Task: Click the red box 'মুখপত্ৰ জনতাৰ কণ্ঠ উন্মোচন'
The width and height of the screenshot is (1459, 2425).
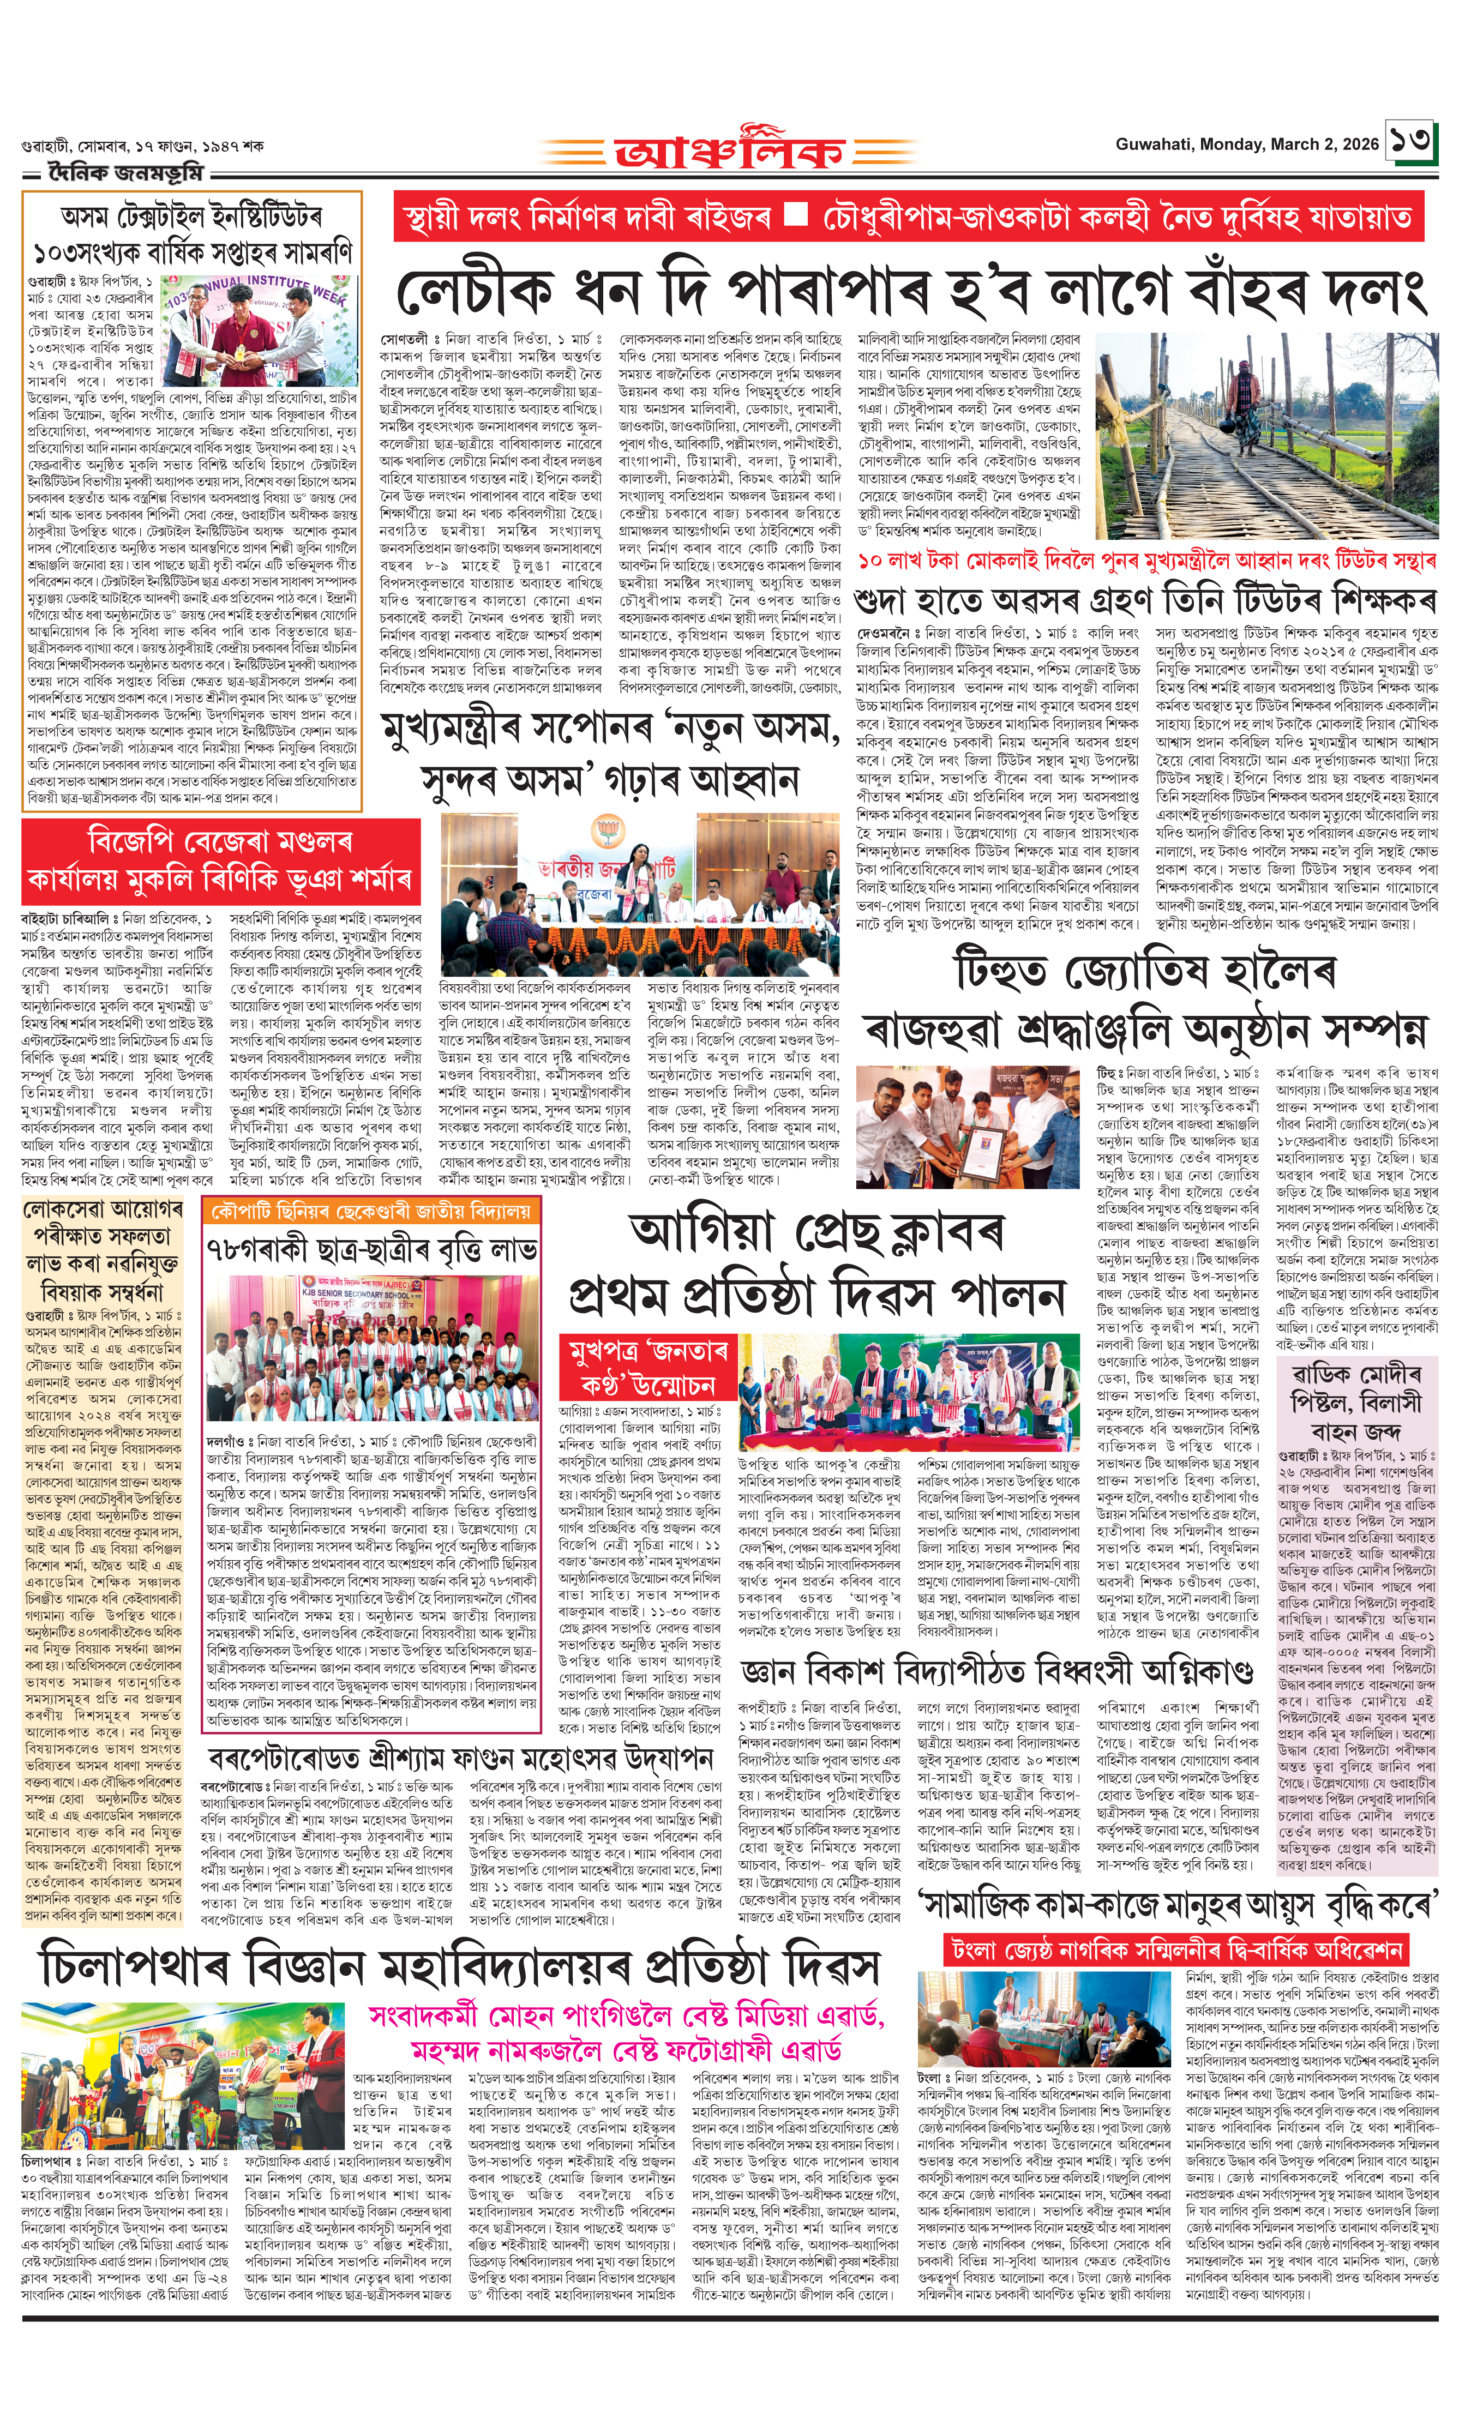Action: pyautogui.click(x=647, y=1367)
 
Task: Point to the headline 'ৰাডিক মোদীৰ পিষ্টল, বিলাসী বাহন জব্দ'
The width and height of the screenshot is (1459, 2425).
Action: pyautogui.click(x=1357, y=1401)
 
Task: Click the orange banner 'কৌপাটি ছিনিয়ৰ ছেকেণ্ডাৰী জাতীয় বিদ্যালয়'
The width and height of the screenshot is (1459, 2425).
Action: pyautogui.click(x=371, y=1211)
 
